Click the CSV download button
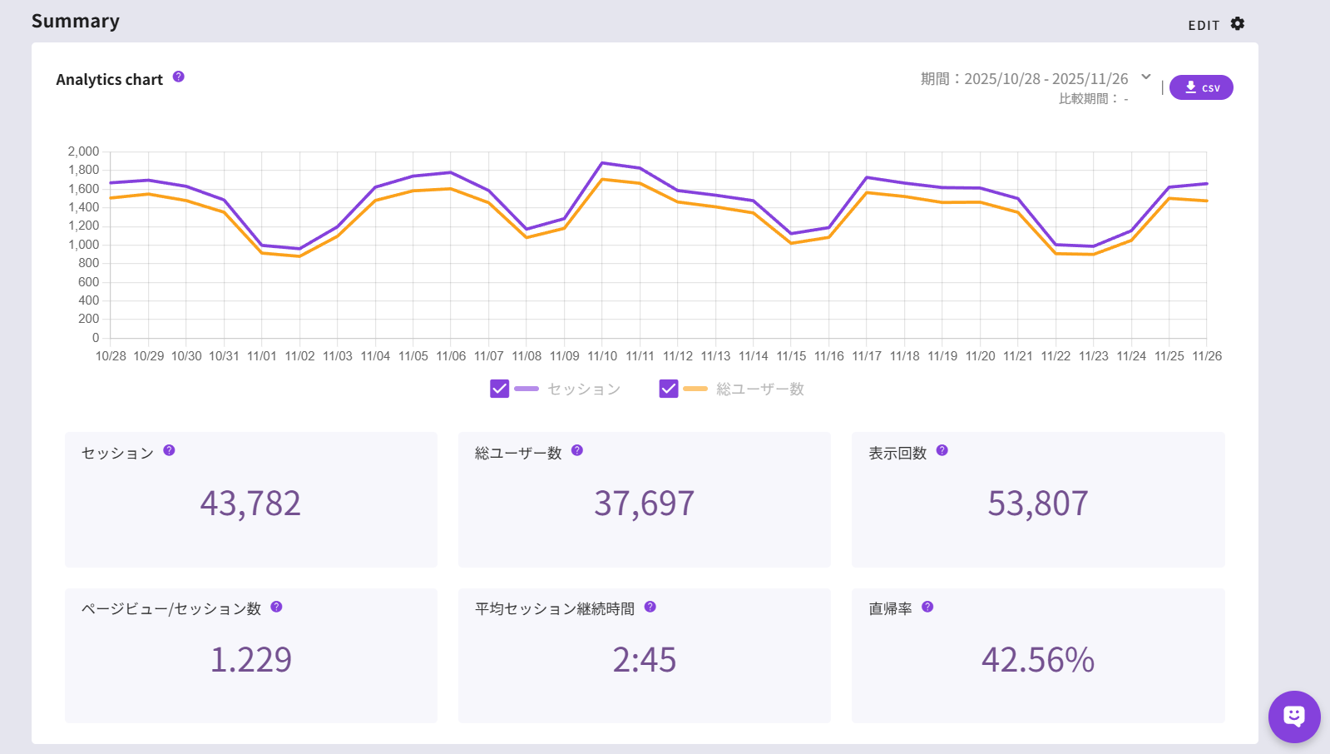(1201, 87)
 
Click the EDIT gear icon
(1238, 24)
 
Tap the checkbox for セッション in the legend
(499, 389)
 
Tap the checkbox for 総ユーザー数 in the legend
(669, 389)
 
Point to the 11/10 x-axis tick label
(602, 356)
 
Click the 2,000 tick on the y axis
(83, 151)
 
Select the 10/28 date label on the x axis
(111, 356)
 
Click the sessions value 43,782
(250, 503)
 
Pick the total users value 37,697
(644, 503)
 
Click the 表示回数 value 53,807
(1037, 503)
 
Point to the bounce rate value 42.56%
(1037, 660)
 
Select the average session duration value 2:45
(644, 660)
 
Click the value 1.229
(250, 660)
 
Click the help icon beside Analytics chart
(179, 77)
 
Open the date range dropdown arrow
(1146, 77)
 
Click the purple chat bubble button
(1293, 716)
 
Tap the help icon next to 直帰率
(927, 607)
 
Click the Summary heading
(76, 22)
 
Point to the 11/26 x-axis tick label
(1207, 356)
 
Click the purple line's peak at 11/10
(602, 163)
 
